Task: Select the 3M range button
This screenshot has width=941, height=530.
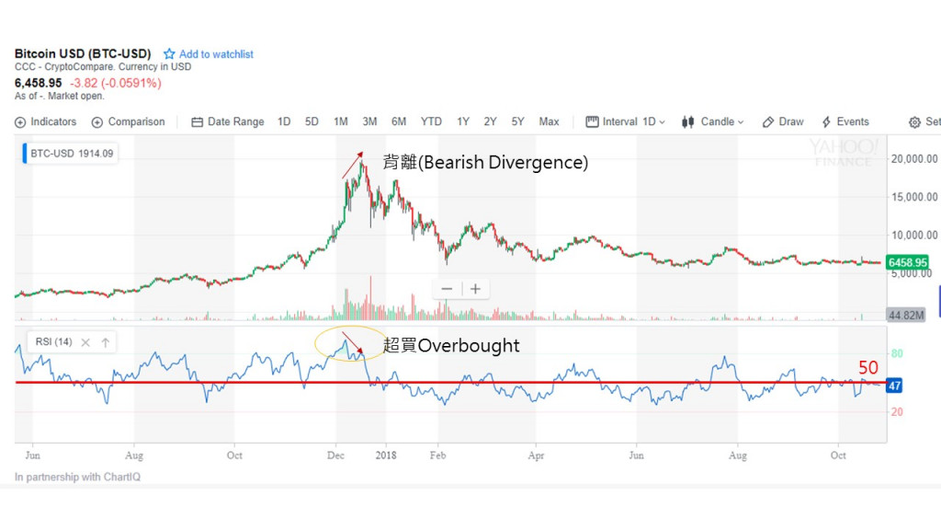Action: pyautogui.click(x=369, y=121)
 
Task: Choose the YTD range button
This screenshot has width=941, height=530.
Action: pyautogui.click(x=431, y=121)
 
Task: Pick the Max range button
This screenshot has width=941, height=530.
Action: pyautogui.click(x=549, y=121)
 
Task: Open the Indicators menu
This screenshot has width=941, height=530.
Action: pyautogui.click(x=46, y=121)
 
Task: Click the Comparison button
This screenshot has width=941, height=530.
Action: pyautogui.click(x=129, y=121)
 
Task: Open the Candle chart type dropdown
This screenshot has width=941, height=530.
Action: pyautogui.click(x=713, y=121)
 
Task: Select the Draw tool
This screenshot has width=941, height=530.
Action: pyautogui.click(x=783, y=121)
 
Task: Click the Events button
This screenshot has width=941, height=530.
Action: pyautogui.click(x=845, y=121)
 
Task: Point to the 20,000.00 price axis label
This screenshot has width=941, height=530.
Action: pyautogui.click(x=914, y=158)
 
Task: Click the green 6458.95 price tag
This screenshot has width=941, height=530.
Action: pyautogui.click(x=907, y=262)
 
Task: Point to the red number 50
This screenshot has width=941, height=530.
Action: pyautogui.click(x=868, y=368)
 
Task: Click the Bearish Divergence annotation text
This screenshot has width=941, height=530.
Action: pyautogui.click(x=484, y=163)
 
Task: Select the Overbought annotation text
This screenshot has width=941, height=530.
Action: pyautogui.click(x=451, y=346)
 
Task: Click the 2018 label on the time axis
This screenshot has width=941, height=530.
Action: pyautogui.click(x=386, y=455)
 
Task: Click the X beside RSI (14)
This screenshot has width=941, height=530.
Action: pyautogui.click(x=85, y=342)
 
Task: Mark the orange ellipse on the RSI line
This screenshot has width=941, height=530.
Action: pyautogui.click(x=350, y=342)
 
